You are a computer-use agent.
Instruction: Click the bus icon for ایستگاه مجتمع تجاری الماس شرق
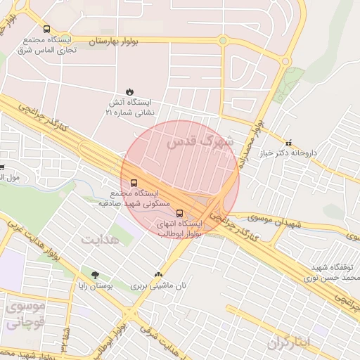coord(46,30)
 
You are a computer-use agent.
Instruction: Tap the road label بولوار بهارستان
coord(114,42)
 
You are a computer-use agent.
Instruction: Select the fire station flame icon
coord(129,91)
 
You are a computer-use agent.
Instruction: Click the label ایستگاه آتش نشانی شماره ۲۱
coord(129,107)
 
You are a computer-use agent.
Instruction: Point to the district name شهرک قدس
coord(200,141)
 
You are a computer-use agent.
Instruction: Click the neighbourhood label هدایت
coord(100,239)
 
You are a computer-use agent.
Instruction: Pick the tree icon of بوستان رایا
coord(95,275)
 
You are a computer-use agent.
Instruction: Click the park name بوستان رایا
coord(96,286)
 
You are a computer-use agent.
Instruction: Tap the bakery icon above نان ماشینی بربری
coord(158,275)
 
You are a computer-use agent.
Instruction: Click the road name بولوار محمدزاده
coord(255,138)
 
